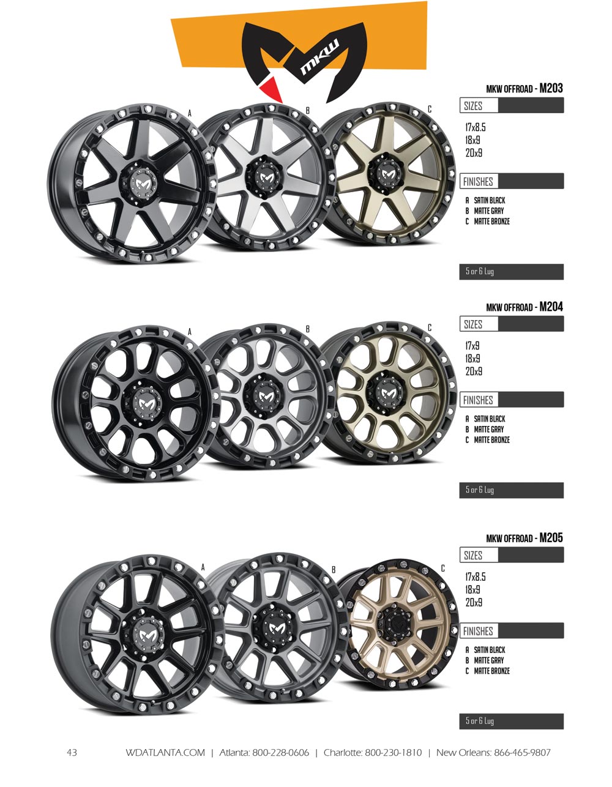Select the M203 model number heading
[551, 88]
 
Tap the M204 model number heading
[551, 307]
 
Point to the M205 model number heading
[551, 537]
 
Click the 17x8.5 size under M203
[476, 127]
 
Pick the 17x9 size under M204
[473, 346]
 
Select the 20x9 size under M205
[474, 602]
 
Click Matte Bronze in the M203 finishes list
[492, 222]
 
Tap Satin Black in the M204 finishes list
[490, 419]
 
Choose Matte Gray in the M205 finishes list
[489, 660]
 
